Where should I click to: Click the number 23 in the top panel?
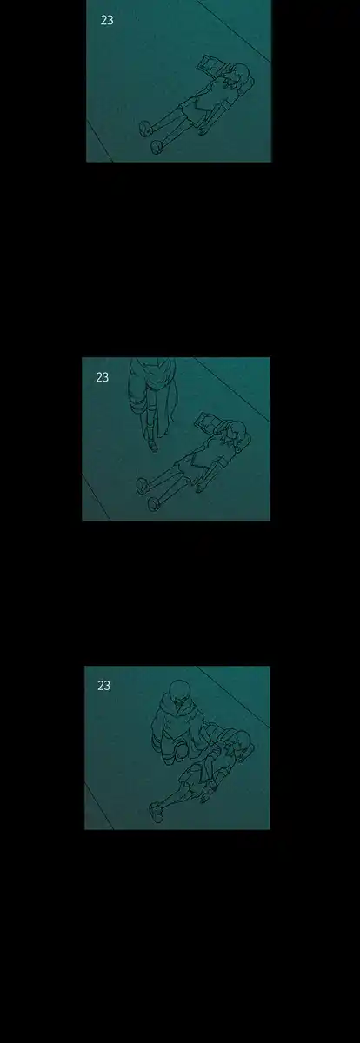pyautogui.click(x=107, y=20)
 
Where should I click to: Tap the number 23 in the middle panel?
pyautogui.click(x=103, y=377)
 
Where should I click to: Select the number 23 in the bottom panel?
pyautogui.click(x=103, y=686)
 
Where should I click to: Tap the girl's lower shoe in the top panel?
pyautogui.click(x=156, y=147)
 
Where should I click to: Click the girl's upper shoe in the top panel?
pyautogui.click(x=145, y=128)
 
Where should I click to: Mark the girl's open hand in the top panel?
pyautogui.click(x=203, y=130)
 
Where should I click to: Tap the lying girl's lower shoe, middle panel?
pyautogui.click(x=153, y=504)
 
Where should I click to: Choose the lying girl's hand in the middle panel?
pyautogui.click(x=201, y=486)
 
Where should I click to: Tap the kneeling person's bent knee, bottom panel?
pyautogui.click(x=180, y=749)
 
